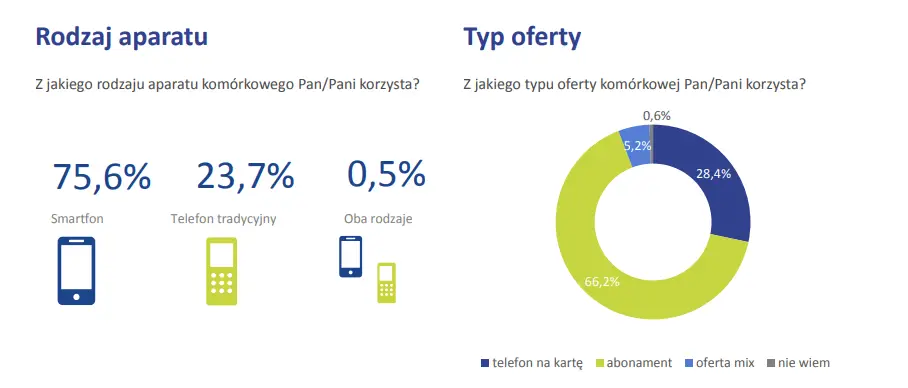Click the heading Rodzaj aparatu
(122, 38)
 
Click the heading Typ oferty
(522, 38)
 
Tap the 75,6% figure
(102, 176)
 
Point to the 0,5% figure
(386, 174)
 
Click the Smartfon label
(78, 219)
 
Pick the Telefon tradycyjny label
(224, 219)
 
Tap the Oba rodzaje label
(378, 219)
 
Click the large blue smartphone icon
(76, 270)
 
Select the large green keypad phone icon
(222, 270)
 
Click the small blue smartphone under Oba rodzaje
(350, 257)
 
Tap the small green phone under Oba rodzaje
(387, 283)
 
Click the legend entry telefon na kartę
(532, 363)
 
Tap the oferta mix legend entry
(719, 363)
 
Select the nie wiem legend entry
(798, 363)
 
